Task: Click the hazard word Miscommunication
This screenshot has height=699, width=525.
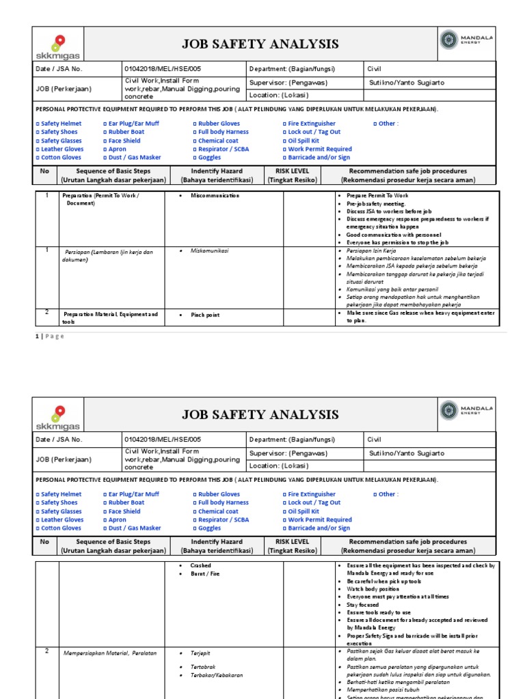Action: point(215,195)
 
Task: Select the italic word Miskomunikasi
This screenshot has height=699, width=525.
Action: point(210,251)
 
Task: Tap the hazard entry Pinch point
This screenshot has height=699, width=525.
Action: point(204,315)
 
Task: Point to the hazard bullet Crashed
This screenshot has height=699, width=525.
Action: point(201,566)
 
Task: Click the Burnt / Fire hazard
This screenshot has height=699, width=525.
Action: point(206,574)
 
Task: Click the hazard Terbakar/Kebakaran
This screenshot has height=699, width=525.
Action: point(217,675)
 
